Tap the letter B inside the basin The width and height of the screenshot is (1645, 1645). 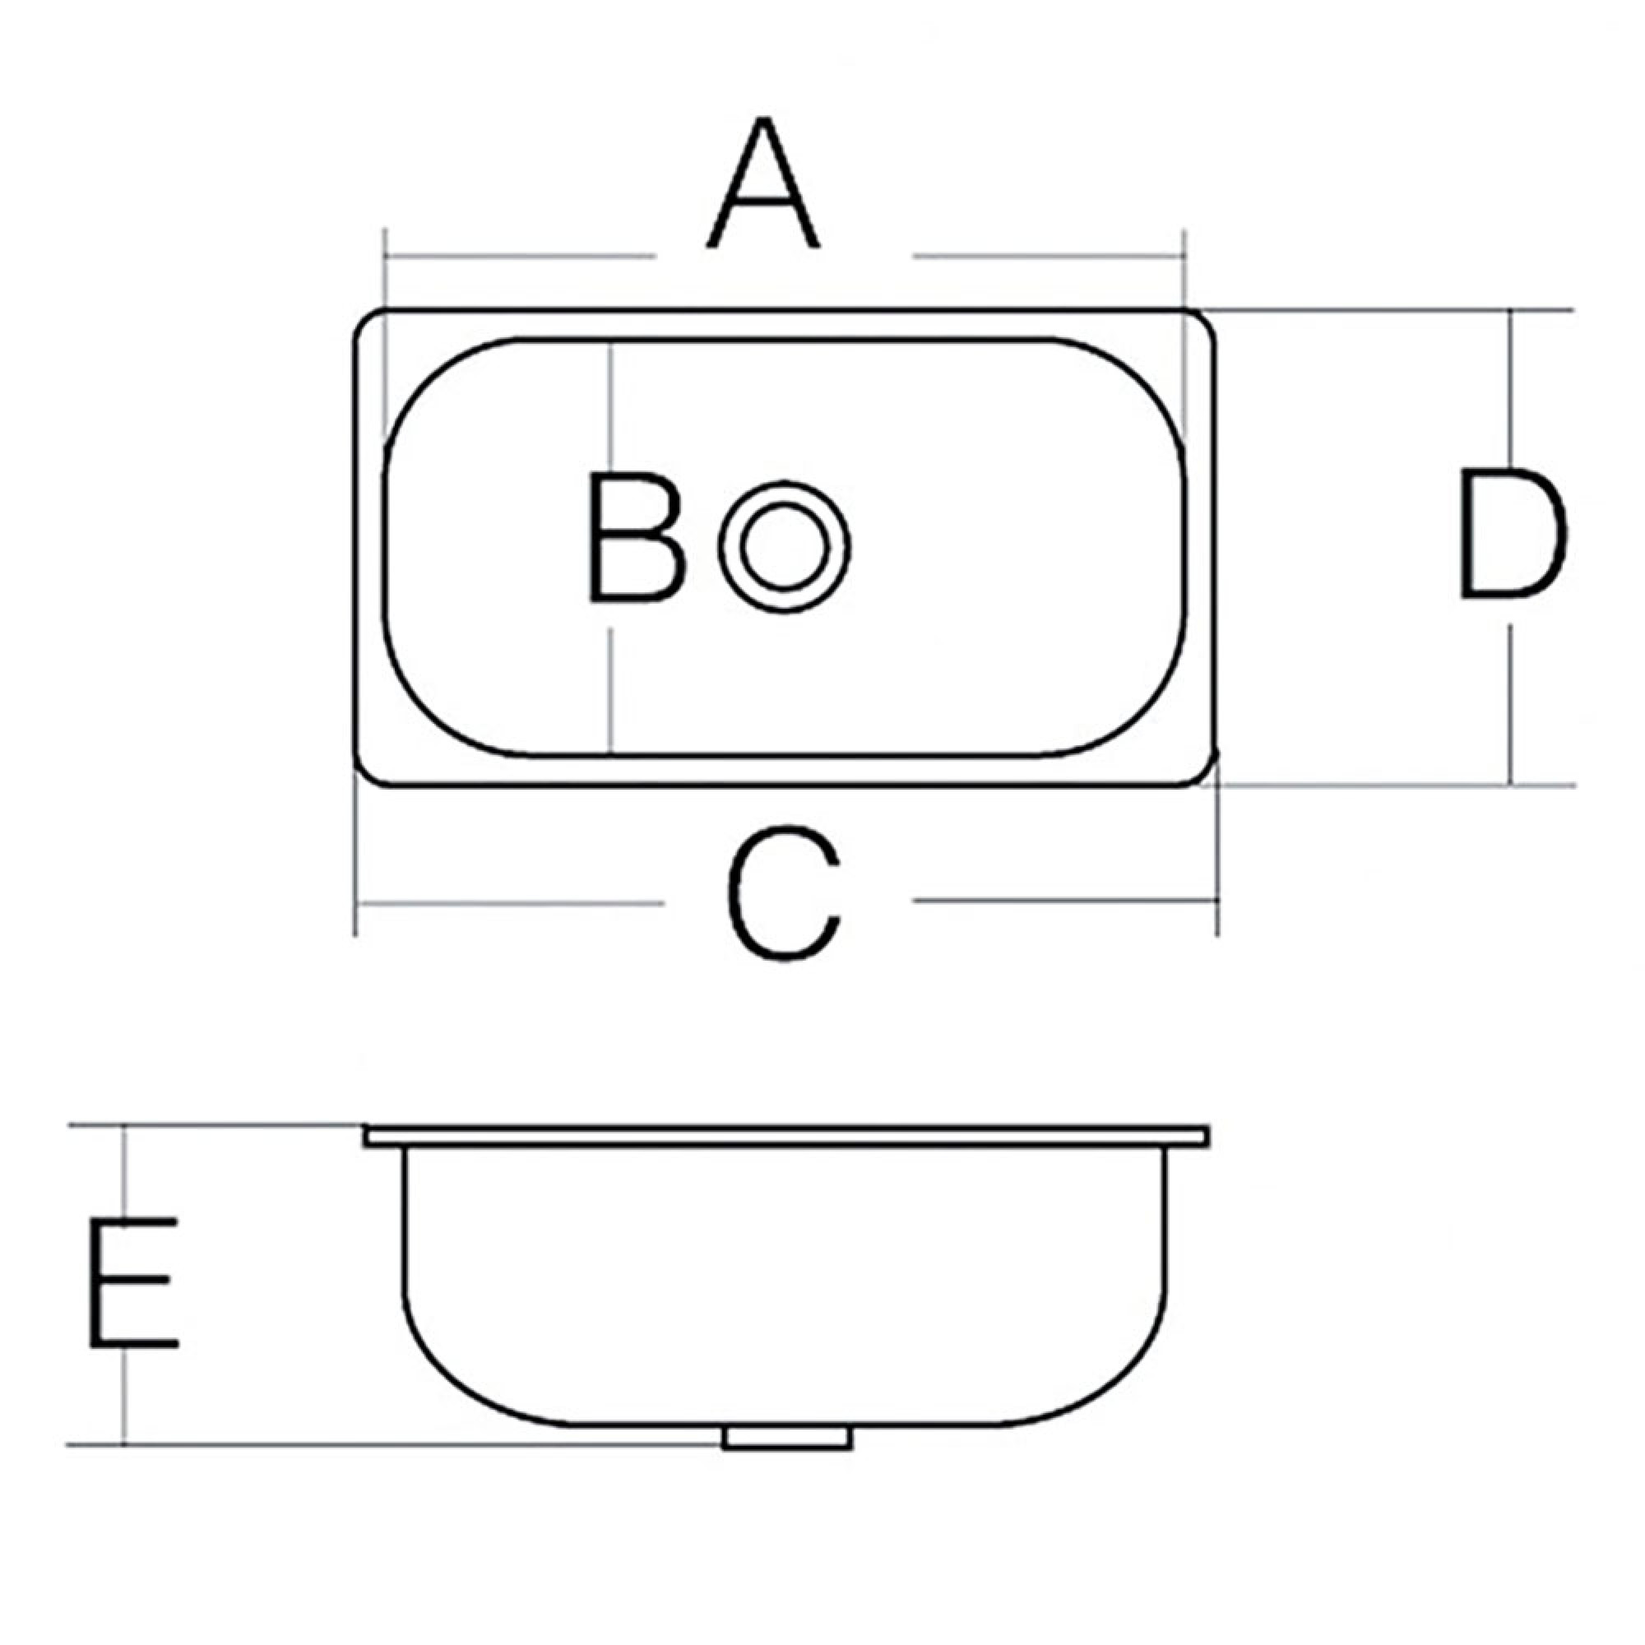(637, 538)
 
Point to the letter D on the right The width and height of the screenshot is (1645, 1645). (1513, 533)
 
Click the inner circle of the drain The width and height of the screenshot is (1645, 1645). (784, 546)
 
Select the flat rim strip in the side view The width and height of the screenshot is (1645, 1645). (785, 1136)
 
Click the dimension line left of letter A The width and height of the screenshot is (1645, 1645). (521, 256)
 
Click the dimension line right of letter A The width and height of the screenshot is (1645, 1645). (1048, 255)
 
